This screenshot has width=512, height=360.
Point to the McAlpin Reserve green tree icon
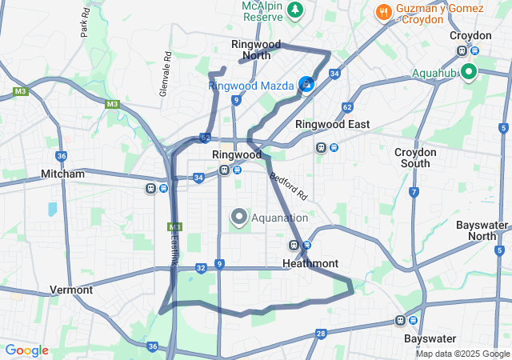(296, 10)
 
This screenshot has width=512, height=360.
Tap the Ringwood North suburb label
(250, 50)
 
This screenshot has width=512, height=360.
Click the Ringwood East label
(332, 124)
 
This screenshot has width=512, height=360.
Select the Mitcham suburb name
(62, 174)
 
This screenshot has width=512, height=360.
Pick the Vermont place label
(71, 290)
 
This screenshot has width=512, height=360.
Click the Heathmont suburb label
(310, 263)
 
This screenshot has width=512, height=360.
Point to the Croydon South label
(416, 158)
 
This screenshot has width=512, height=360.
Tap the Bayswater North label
(482, 230)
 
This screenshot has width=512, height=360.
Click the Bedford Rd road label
(288, 186)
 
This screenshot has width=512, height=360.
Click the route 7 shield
(414, 192)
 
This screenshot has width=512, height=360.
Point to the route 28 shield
(321, 334)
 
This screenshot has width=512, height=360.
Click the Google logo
(26, 350)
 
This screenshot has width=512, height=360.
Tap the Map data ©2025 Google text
(462, 354)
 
